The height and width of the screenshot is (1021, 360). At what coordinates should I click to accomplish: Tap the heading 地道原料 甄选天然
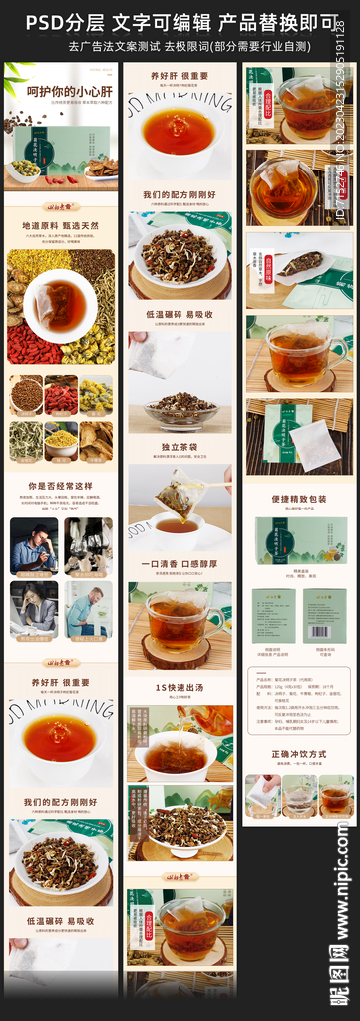[x=60, y=226]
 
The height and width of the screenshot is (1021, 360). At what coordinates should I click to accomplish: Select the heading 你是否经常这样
[x=60, y=486]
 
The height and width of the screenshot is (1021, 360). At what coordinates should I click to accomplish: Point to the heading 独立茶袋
[x=180, y=447]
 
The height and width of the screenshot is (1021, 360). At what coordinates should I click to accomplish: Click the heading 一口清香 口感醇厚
[x=180, y=563]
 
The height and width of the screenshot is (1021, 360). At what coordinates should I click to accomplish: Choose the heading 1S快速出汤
[x=180, y=687]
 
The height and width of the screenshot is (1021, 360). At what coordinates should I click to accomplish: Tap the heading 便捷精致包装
[x=299, y=498]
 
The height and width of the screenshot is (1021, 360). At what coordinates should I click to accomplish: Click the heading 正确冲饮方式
[x=299, y=754]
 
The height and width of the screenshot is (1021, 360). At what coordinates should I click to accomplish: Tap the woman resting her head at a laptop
[x=34, y=609]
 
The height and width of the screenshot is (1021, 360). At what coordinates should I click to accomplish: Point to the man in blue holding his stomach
[x=89, y=609]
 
